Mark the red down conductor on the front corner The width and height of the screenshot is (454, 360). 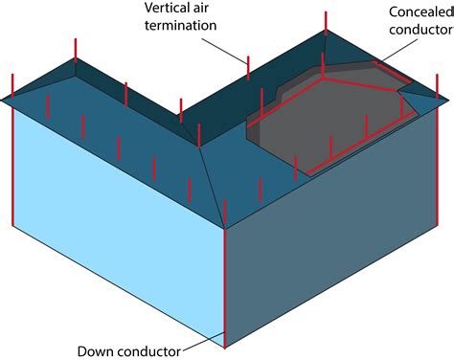[x=224, y=287]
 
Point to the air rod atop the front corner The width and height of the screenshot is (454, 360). [x=224, y=214]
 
